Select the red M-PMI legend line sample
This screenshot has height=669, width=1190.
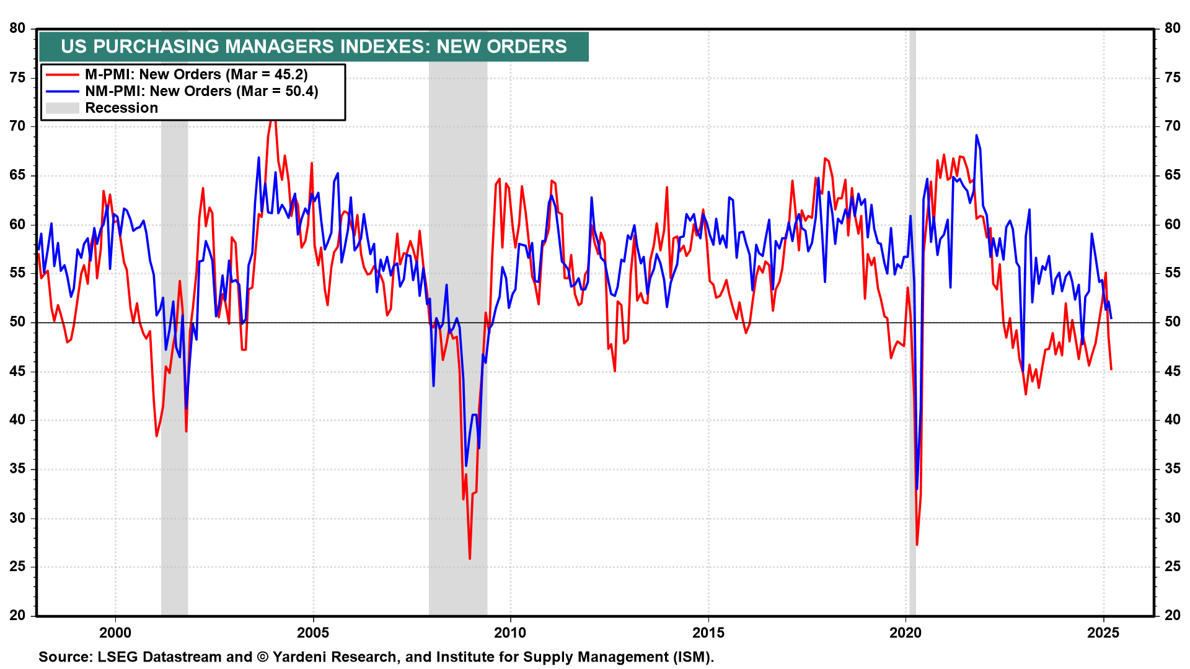coord(62,75)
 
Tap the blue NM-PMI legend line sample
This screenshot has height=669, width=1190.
coord(62,92)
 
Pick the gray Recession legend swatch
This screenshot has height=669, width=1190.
coord(62,108)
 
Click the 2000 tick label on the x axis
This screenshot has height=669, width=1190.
coord(115,632)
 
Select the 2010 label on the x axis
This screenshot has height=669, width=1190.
coord(510,632)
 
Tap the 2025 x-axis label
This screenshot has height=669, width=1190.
coord(1103,632)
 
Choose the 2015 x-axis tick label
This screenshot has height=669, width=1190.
coord(708,632)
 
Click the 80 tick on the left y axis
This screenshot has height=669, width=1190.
coord(17,28)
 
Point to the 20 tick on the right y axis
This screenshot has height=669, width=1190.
coord(1172,615)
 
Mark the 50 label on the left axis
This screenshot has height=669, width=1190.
coord(17,322)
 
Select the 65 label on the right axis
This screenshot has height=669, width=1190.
coord(1172,175)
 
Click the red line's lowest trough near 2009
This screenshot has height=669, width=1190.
coord(470,558)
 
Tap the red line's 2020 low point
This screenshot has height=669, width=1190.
coord(917,544)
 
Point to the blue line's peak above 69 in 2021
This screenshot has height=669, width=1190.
coord(976,135)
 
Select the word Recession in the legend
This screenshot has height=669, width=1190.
coord(121,108)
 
